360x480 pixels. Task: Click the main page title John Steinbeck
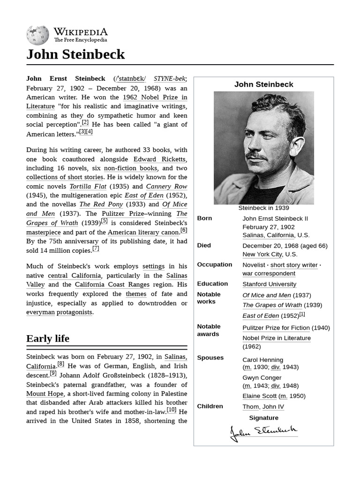[75, 54]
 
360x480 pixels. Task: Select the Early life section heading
[48, 338]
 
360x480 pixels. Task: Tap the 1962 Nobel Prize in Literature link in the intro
[155, 97]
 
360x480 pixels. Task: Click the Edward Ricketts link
[160, 159]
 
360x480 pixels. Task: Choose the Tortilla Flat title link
[88, 186]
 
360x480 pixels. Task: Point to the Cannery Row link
[166, 186]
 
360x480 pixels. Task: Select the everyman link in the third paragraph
[40, 312]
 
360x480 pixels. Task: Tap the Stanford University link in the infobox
[269, 284]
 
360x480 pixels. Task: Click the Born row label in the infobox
[204, 218]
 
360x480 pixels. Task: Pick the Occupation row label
[214, 264]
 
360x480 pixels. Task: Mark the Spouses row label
[210, 358]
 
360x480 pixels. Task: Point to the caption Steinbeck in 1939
[263, 208]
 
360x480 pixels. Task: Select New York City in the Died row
[262, 254]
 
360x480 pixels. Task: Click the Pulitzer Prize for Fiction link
[276, 328]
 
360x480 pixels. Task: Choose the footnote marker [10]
[172, 410]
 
